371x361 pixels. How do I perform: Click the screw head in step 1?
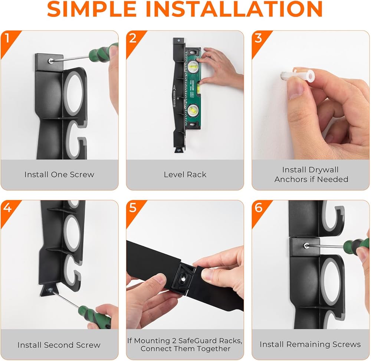[x=50, y=61]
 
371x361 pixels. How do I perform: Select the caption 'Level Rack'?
[x=185, y=175]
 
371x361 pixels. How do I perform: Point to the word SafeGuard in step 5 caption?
[x=198, y=341]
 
